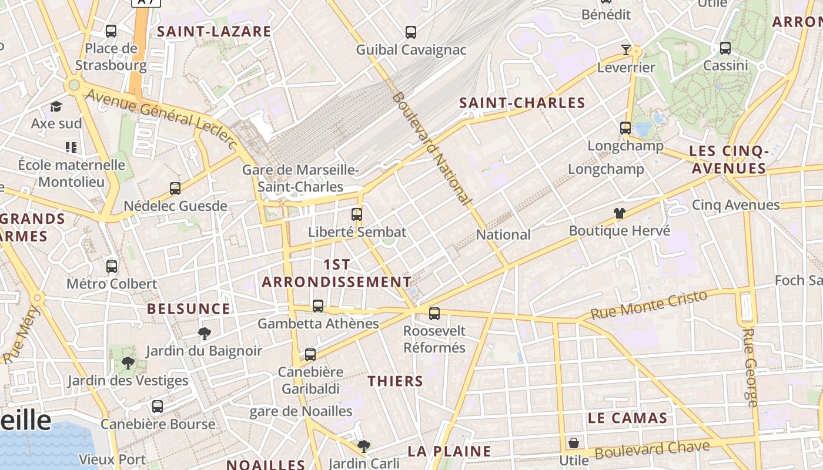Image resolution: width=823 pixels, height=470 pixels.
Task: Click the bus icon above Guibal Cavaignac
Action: (x=411, y=32)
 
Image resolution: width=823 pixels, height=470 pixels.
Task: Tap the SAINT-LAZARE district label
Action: (x=215, y=32)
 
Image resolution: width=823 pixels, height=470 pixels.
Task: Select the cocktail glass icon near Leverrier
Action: (x=626, y=50)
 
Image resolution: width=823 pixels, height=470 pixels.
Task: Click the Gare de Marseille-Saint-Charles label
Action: (x=301, y=179)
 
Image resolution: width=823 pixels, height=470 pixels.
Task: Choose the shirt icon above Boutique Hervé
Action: (x=619, y=213)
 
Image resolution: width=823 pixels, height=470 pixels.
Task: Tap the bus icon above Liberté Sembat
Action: (x=357, y=214)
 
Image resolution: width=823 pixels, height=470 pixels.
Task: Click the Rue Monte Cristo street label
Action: (x=648, y=305)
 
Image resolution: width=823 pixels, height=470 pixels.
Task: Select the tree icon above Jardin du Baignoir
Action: (x=204, y=334)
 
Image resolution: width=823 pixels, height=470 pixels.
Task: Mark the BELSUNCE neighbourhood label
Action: (x=188, y=308)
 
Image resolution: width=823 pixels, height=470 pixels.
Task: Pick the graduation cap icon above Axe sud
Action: (x=56, y=106)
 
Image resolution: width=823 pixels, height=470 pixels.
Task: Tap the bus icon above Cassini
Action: (x=725, y=48)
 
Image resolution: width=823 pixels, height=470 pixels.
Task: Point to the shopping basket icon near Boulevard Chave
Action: (x=574, y=443)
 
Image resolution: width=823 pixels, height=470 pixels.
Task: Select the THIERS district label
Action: (x=396, y=381)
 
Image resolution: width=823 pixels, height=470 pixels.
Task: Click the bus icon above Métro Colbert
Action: (x=112, y=267)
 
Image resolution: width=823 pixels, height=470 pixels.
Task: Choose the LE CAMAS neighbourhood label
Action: (x=628, y=418)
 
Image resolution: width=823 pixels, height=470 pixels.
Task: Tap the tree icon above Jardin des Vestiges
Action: (x=128, y=363)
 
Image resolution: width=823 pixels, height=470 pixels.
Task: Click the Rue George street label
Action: (x=751, y=367)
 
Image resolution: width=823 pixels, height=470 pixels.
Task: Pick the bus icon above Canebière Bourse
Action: (x=158, y=407)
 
